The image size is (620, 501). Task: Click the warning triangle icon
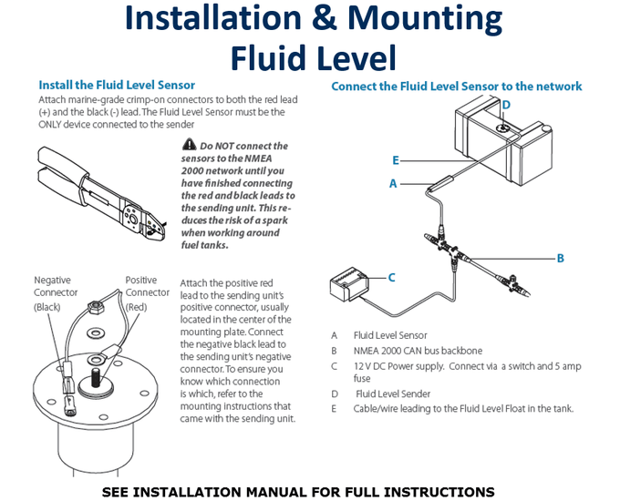pos(189,145)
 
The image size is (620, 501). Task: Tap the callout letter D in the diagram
pos(506,105)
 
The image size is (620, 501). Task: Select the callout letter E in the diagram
pos(396,160)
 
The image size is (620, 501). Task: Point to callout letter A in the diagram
pos(393,183)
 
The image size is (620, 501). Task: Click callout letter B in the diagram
pos(560,258)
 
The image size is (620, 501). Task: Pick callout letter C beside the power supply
pos(391,277)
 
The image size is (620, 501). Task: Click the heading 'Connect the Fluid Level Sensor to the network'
pos(456,87)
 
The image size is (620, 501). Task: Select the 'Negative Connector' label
pos(53,293)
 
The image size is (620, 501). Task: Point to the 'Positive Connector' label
pos(147,293)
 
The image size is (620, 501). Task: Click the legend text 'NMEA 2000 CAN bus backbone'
pos(418,351)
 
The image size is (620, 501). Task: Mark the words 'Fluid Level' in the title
pos(313,57)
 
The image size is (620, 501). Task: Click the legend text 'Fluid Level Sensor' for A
pos(389,335)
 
